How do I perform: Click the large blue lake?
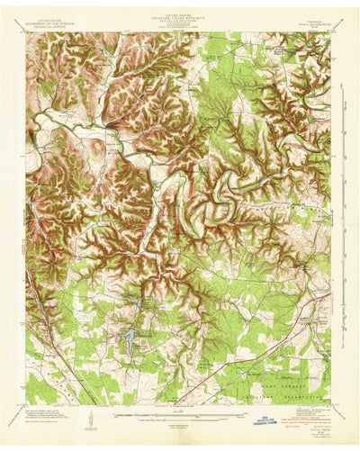click(x=130, y=340)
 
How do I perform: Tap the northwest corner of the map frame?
click(x=26, y=33)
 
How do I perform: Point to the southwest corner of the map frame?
click(x=26, y=404)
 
